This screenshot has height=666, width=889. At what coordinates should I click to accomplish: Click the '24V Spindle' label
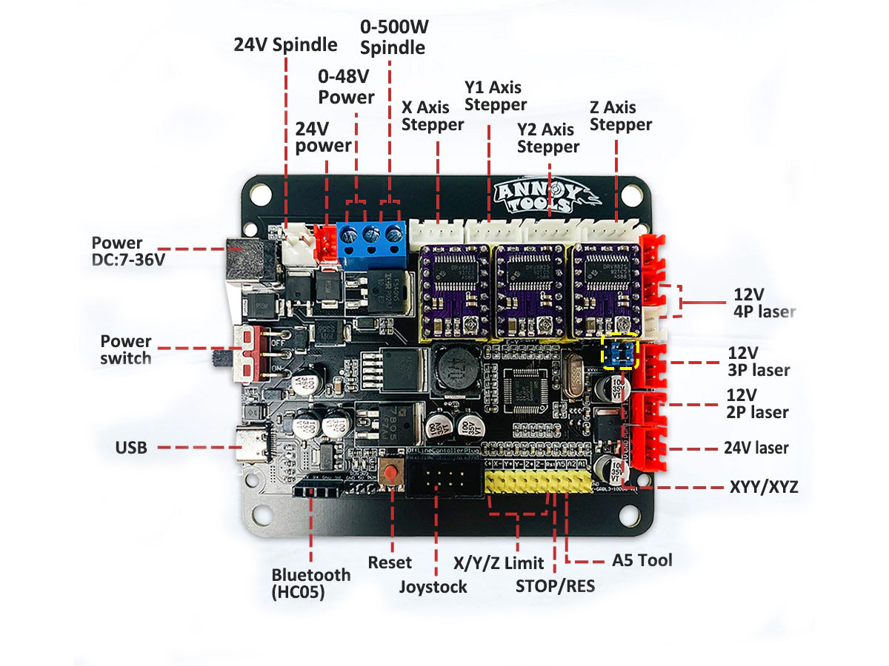point(285,44)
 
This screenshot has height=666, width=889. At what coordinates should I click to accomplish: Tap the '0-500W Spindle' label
point(393,38)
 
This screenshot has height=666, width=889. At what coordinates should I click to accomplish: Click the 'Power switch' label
point(126,349)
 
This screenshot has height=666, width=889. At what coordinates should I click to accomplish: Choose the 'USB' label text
point(131,447)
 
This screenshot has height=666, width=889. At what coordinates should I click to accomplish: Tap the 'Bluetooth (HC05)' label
point(310,582)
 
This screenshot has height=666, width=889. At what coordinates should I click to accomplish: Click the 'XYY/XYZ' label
point(764,487)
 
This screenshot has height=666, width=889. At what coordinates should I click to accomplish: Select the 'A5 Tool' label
point(642,560)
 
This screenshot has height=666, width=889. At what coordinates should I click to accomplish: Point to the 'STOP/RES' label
point(555,586)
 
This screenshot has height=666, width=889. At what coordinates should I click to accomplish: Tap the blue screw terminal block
point(371,240)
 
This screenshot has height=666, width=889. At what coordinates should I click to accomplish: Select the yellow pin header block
point(539,482)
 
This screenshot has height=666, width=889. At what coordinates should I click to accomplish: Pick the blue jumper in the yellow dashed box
point(621,354)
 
